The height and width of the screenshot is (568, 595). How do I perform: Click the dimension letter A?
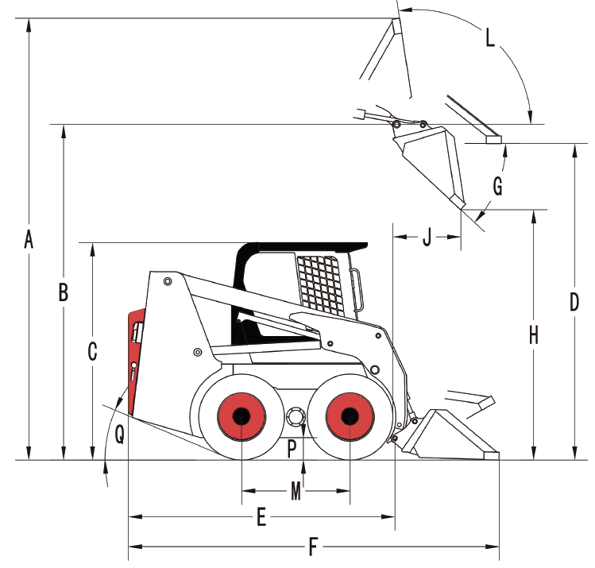coord(29,238)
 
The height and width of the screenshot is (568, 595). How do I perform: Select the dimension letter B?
coord(64,292)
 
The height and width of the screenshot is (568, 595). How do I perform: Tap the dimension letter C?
coord(92,351)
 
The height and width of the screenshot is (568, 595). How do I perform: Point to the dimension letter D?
coord(574,302)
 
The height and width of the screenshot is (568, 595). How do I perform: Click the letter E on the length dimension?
coord(261,518)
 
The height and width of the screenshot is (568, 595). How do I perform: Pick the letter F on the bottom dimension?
coord(313,547)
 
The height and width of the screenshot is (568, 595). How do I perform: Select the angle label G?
coord(498,187)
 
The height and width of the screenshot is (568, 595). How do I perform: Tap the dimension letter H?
coord(534,335)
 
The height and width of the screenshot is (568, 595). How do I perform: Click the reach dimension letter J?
coord(427,237)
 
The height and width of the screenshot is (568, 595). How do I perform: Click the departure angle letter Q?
coord(119,433)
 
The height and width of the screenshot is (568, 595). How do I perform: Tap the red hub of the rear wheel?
coord(241,415)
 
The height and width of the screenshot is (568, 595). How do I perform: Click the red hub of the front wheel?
coord(349,415)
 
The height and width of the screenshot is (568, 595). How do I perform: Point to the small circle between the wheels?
coord(296,416)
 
